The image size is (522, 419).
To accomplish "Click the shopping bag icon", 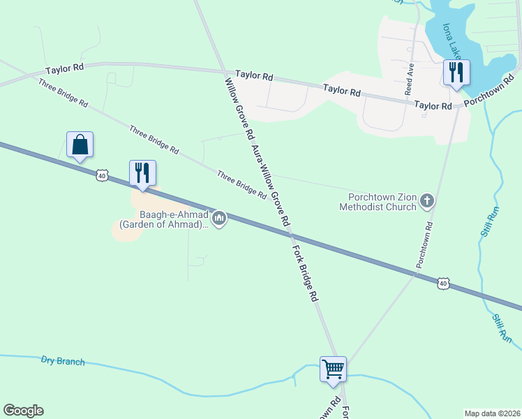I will [80, 145].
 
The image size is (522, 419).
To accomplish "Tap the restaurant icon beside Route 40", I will [142, 173].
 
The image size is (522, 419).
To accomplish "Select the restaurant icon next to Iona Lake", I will [456, 73].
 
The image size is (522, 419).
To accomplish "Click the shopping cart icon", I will [333, 368].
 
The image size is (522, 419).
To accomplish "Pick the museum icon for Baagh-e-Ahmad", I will [220, 219].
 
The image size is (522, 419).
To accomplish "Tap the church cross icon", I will [427, 203].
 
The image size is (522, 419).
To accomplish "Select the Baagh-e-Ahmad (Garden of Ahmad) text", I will [165, 220].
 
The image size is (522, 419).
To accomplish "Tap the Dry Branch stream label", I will [63, 361].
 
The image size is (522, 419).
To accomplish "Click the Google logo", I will [23, 411].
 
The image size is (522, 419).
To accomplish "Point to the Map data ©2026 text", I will [491, 413].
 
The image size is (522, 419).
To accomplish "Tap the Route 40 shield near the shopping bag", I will [103, 176].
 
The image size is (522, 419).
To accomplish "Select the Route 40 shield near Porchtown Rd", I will [442, 283].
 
